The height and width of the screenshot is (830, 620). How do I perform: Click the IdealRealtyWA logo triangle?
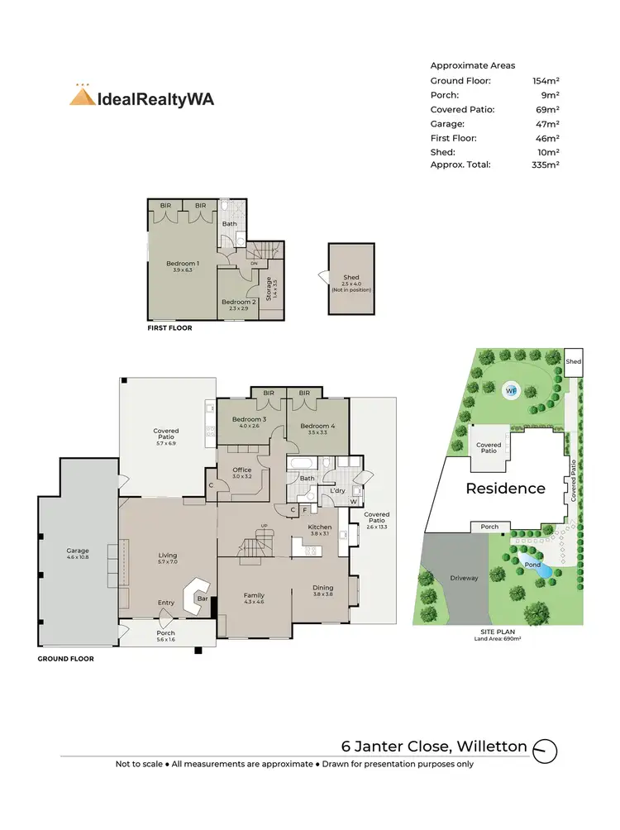tap(81, 96)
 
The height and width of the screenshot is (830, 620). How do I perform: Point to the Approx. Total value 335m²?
tap(546, 165)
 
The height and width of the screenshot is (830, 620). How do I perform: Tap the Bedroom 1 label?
tap(184, 264)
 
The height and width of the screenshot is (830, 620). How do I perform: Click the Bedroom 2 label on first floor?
tap(239, 303)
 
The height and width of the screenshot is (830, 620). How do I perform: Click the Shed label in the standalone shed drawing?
tap(351, 278)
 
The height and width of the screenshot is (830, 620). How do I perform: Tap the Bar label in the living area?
tap(201, 598)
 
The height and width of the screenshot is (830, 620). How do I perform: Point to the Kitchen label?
tap(319, 527)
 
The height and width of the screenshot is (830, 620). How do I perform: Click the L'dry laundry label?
tap(337, 491)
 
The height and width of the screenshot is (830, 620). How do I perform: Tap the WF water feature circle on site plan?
tap(511, 389)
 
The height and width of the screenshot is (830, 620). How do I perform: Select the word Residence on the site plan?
tap(505, 488)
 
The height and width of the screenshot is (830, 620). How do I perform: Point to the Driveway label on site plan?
tap(464, 578)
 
